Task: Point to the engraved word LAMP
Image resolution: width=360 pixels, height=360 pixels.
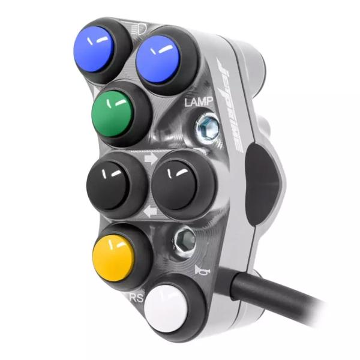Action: [x=197, y=103]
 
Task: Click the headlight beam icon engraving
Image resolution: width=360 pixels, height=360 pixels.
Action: [x=138, y=26]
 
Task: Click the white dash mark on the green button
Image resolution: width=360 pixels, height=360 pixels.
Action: [x=120, y=103]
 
